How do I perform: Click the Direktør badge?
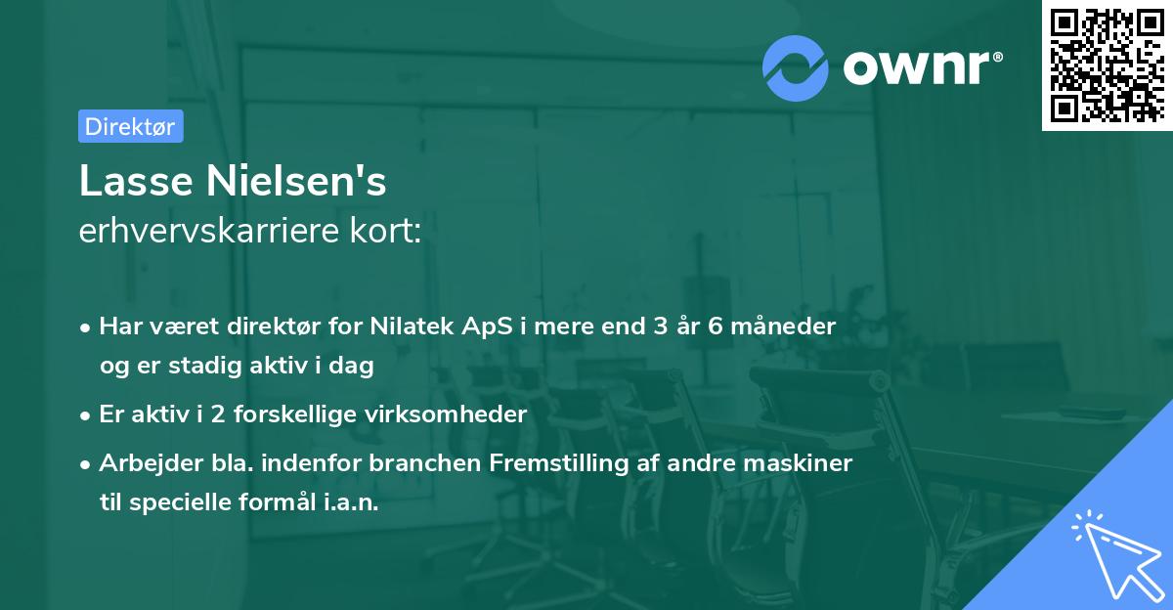point(130,126)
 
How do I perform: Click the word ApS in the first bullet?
point(485,327)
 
